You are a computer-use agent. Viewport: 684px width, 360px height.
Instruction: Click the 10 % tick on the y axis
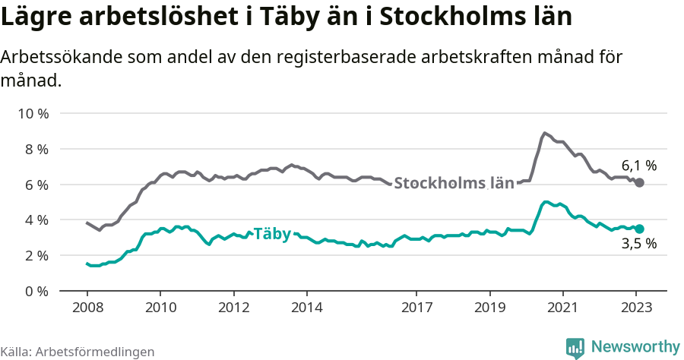32,114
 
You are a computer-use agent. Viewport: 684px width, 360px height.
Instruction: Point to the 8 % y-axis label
35,150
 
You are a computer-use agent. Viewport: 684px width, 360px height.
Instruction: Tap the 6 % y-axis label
35,185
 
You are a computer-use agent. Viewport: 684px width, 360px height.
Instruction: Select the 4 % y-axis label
35,220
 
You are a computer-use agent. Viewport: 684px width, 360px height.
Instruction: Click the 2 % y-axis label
35,256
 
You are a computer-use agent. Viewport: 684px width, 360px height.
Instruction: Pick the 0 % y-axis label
35,291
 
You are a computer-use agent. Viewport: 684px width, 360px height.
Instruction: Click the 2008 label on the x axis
87,308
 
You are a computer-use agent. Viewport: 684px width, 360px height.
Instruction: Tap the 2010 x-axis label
160,308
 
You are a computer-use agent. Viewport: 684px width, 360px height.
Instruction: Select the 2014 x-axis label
306,308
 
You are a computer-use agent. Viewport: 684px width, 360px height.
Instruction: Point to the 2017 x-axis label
416,308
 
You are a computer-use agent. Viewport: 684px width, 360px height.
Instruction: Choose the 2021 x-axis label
562,308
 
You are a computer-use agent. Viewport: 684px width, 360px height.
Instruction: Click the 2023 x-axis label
635,308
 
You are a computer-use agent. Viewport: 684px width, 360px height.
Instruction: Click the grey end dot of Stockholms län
639,183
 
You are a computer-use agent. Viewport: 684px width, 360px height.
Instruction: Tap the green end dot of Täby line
639,229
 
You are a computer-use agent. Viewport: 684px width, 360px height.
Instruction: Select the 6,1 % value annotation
638,165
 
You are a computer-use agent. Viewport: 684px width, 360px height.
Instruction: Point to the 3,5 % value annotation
638,245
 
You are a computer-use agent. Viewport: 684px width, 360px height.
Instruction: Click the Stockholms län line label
454,183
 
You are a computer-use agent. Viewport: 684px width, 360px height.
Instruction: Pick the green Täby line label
272,234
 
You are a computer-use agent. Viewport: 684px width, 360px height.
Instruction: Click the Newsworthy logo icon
575,348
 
